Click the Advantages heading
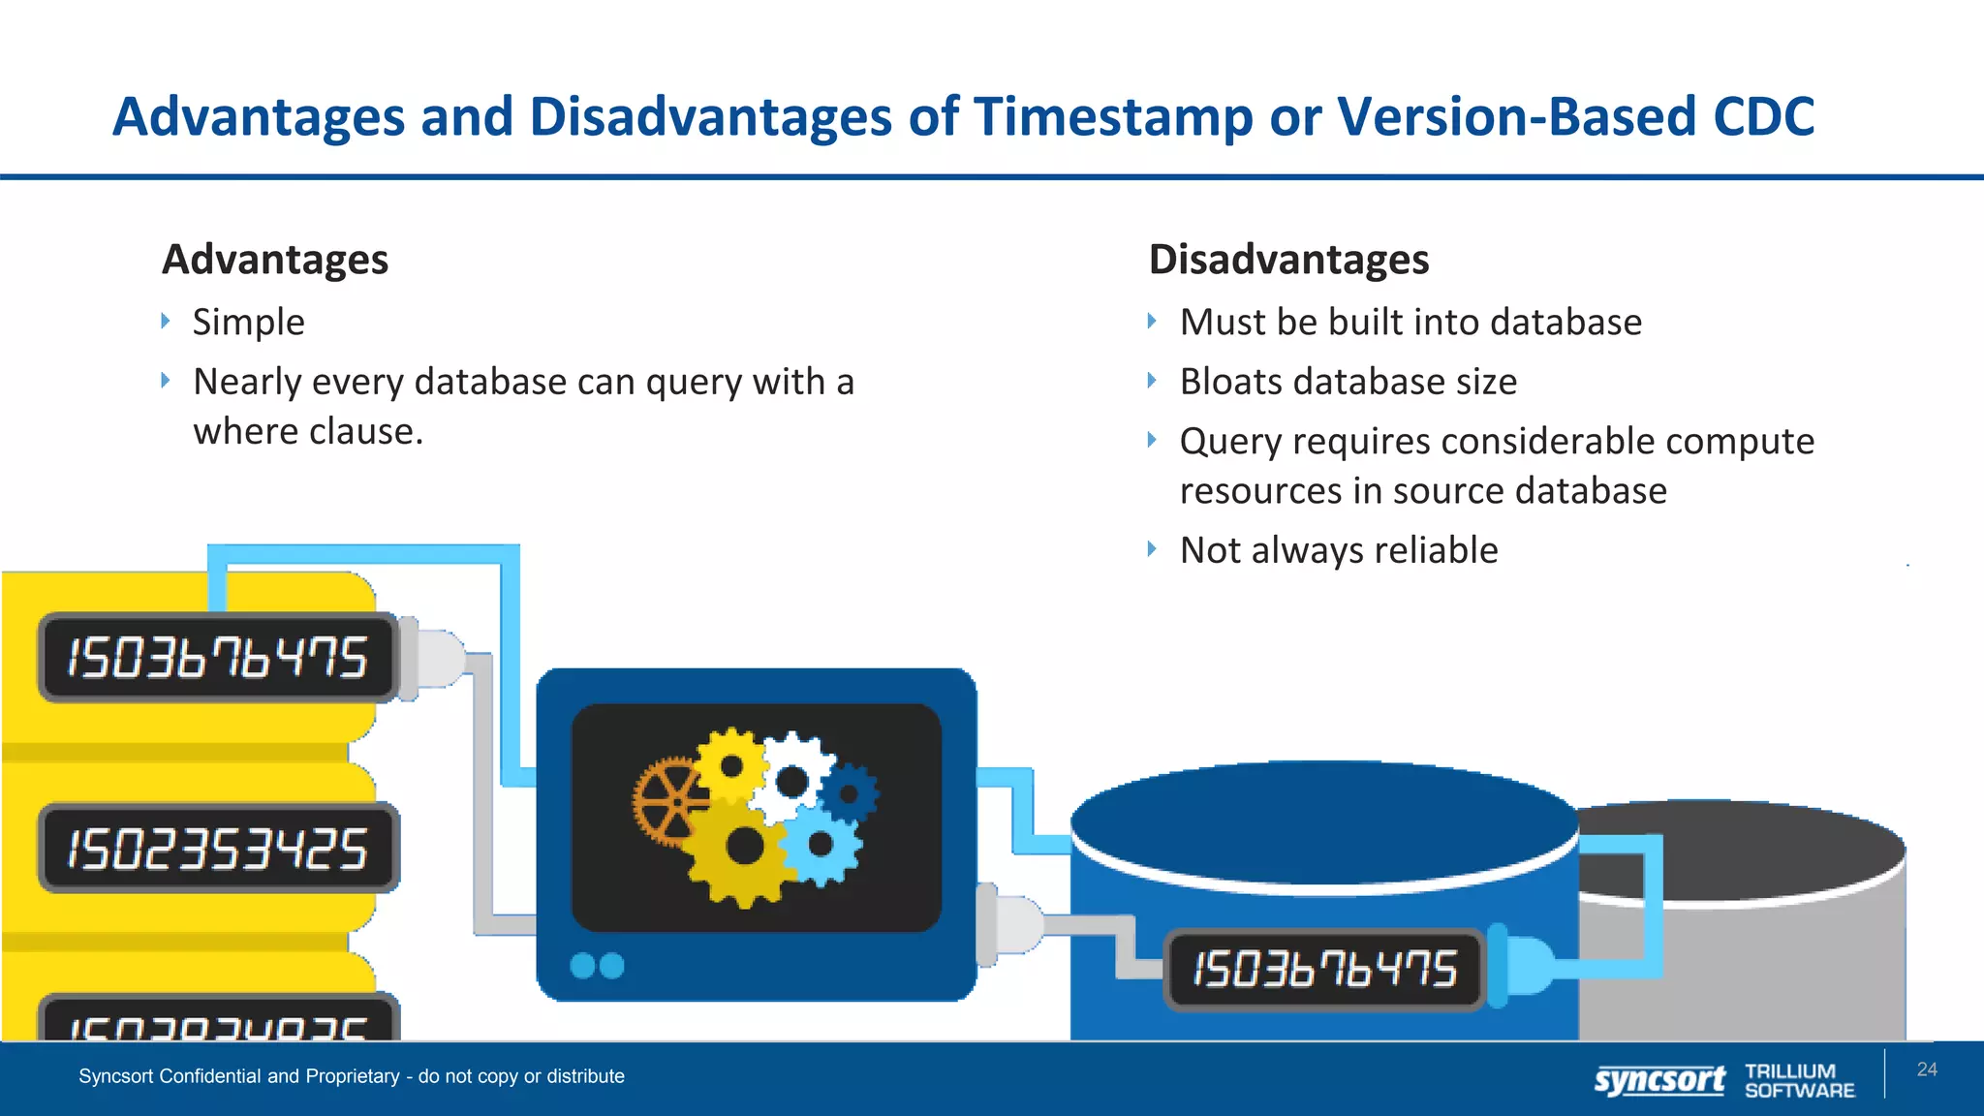[x=275, y=260]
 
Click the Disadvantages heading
[x=1288, y=260]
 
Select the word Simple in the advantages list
[x=248, y=322]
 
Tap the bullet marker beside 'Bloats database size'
[x=1152, y=381]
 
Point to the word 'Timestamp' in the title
[x=1113, y=117]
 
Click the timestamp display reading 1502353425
[x=218, y=849]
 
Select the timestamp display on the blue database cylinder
[x=1324, y=969]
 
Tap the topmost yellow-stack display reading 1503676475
[x=218, y=658]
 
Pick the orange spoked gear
[x=667, y=802]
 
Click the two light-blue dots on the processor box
[x=597, y=966]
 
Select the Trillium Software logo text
[x=1799, y=1080]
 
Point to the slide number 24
[x=1927, y=1069]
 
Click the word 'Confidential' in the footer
[x=210, y=1076]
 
